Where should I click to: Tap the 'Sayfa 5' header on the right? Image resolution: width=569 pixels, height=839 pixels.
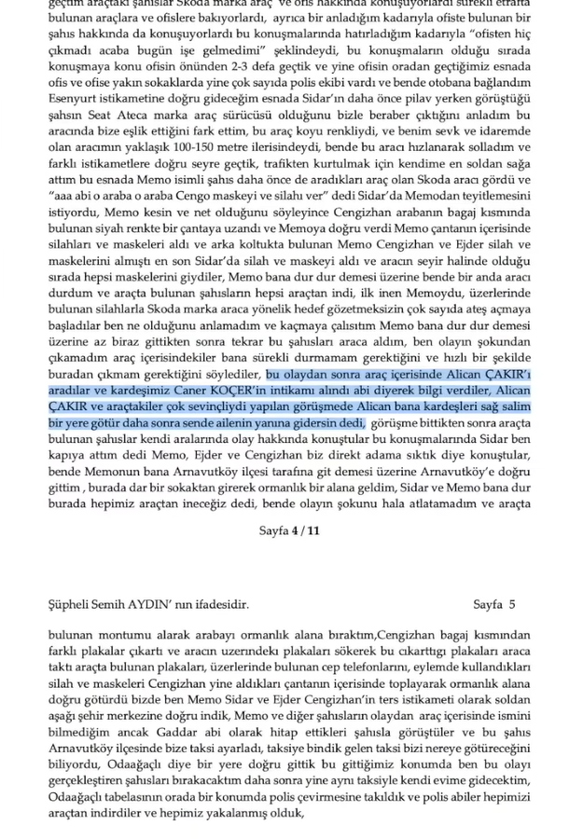(x=501, y=604)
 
